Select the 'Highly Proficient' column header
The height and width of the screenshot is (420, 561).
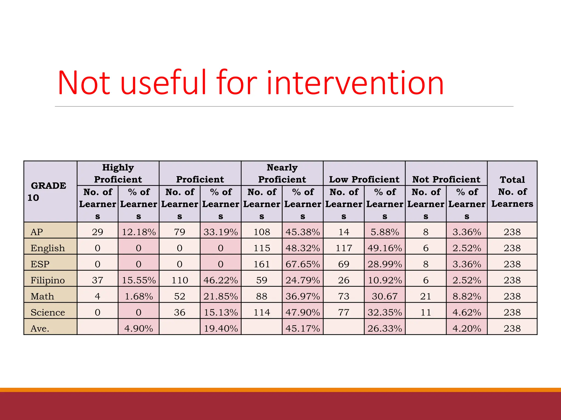[x=118, y=173]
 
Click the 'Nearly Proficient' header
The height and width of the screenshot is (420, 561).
[x=282, y=173]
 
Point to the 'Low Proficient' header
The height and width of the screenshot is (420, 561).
[x=364, y=179]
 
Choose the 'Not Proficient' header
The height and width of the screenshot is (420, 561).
[x=446, y=179]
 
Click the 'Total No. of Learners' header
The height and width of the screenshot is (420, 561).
[x=512, y=191]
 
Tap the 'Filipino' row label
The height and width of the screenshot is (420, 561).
[x=48, y=280]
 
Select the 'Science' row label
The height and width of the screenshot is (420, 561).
[x=48, y=312]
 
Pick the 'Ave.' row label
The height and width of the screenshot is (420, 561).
[x=40, y=328]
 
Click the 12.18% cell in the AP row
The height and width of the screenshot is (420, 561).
[x=139, y=232]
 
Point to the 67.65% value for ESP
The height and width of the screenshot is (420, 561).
[x=303, y=264]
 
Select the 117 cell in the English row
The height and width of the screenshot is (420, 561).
[x=344, y=248]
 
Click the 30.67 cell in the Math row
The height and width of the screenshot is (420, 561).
[x=385, y=296]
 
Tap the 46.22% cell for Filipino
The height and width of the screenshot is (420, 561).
[x=221, y=280]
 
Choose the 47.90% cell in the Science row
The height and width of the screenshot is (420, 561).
[x=303, y=312]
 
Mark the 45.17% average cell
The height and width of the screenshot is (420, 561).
[x=303, y=328]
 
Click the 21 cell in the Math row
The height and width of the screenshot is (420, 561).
[x=426, y=296]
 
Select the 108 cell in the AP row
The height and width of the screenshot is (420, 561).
[x=262, y=232]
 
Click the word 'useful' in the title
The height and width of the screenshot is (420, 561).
[x=163, y=83]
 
